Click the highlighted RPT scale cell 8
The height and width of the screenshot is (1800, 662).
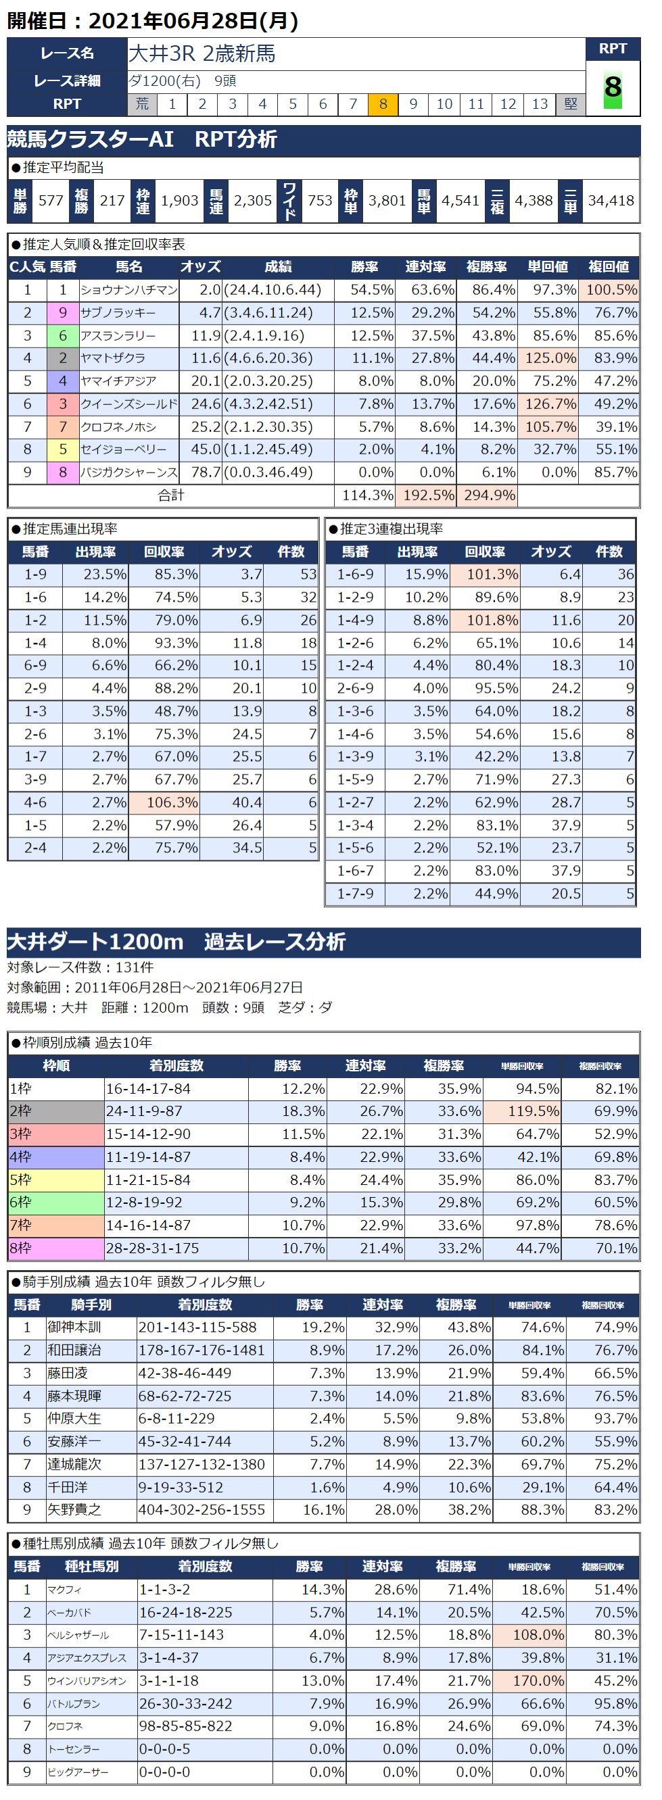[x=383, y=104]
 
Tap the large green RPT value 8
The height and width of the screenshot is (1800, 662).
[x=613, y=88]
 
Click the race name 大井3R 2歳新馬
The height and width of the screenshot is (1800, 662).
[x=203, y=54]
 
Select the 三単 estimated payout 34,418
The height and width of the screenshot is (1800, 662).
[x=610, y=201]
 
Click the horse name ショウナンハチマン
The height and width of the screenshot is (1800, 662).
[x=128, y=290]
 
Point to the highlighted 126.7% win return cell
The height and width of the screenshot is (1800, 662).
[x=547, y=404]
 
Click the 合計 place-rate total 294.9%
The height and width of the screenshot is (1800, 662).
[x=487, y=495]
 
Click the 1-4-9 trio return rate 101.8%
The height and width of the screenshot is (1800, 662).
[x=484, y=621]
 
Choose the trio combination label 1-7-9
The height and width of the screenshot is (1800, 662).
[x=355, y=894]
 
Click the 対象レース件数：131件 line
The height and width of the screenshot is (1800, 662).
[x=80, y=967]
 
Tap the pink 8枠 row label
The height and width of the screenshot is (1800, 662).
[x=56, y=1248]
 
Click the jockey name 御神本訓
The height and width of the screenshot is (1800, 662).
[x=74, y=1327]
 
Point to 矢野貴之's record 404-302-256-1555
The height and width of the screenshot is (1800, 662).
[x=202, y=1509]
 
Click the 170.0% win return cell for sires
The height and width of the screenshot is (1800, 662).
[x=529, y=1680]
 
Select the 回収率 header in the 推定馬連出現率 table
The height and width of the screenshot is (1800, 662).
[x=164, y=552]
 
